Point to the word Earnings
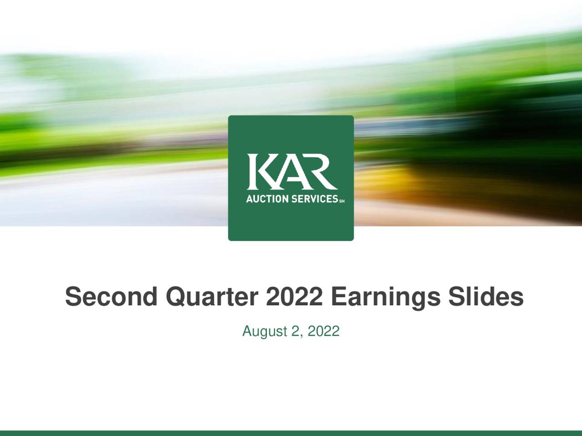pyautogui.click(x=386, y=297)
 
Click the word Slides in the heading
pyautogui.click(x=486, y=297)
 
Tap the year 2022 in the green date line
pyautogui.click(x=323, y=332)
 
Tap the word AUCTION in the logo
pyautogui.click(x=265, y=199)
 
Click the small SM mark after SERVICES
pyautogui.click(x=342, y=201)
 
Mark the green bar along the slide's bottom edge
pyautogui.click(x=291, y=433)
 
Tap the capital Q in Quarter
pyautogui.click(x=175, y=297)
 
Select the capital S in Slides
pyautogui.click(x=456, y=297)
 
